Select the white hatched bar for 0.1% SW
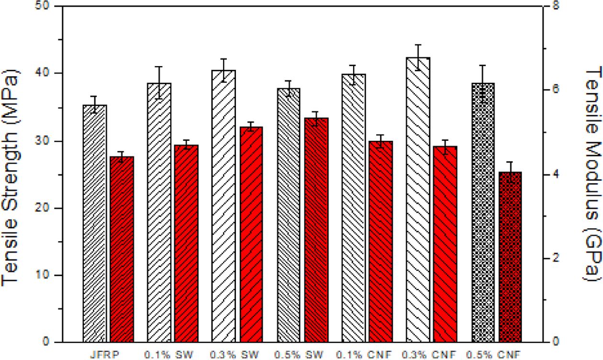(x=159, y=213)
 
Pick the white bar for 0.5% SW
(x=289, y=215)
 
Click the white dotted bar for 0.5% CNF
(x=483, y=213)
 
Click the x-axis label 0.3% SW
(x=235, y=355)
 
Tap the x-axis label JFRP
(x=105, y=355)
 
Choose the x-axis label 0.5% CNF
(x=494, y=355)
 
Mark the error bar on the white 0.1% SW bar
(x=159, y=83)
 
